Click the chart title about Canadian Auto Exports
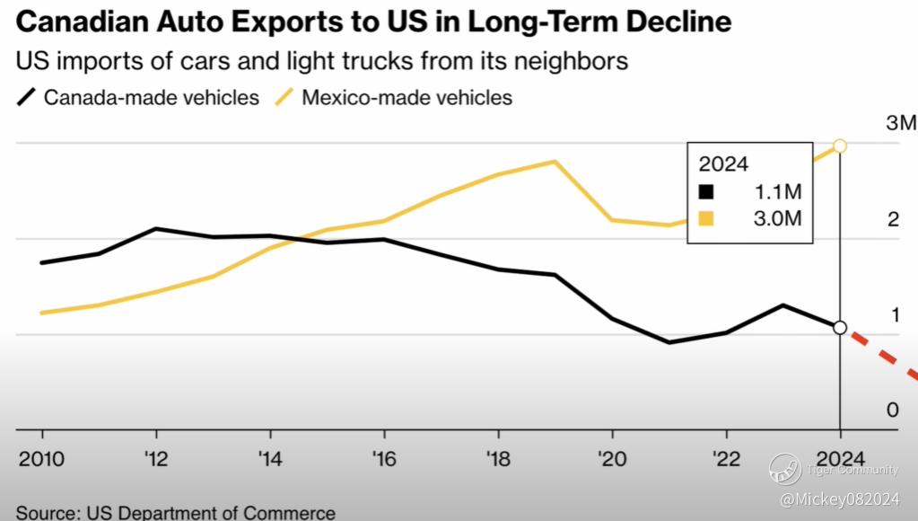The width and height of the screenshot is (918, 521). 368,22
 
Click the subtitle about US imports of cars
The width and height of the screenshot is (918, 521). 321,62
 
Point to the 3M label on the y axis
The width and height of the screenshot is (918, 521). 900,123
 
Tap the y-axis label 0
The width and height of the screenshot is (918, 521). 892,411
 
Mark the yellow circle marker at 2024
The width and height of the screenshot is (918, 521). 840,146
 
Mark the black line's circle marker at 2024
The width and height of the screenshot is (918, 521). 840,328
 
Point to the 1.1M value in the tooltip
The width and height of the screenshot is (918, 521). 777,192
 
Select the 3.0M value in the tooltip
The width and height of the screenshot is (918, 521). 777,218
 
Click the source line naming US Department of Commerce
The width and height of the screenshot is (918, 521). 176,513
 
